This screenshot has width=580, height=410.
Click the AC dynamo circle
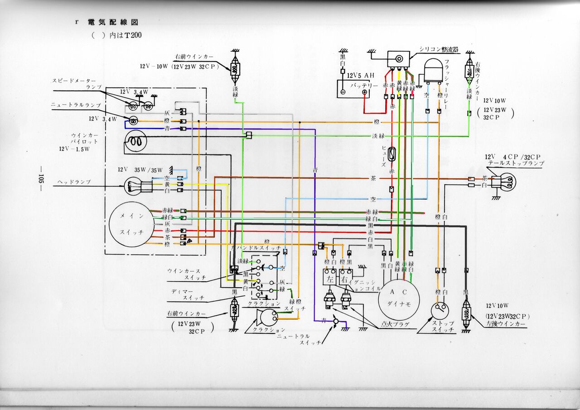399,299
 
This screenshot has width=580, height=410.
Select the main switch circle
131,225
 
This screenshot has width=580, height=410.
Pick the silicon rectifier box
399,58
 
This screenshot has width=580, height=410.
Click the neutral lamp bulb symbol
133,121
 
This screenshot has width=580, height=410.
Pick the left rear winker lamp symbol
466,313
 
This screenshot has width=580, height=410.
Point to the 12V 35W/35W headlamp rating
140,169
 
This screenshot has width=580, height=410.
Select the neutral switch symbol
336,322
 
